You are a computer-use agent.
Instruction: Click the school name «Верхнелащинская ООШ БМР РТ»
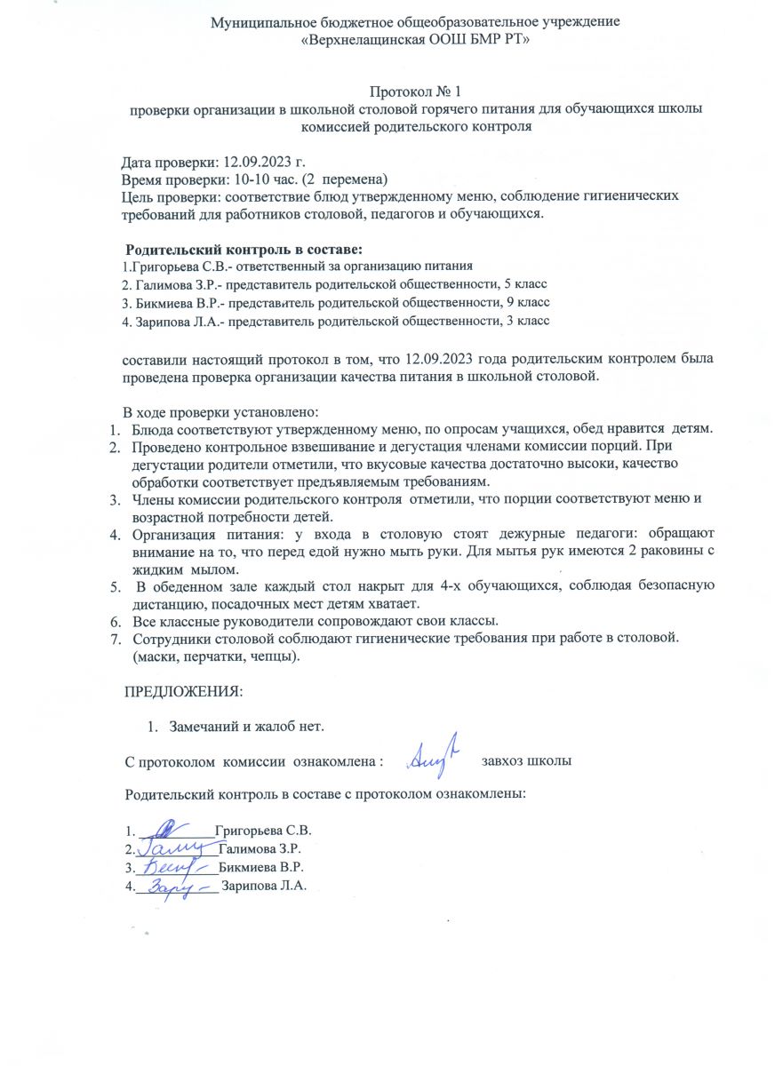415,40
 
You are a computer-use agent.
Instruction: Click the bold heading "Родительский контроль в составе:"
244,250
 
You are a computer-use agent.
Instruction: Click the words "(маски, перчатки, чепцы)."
216,656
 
